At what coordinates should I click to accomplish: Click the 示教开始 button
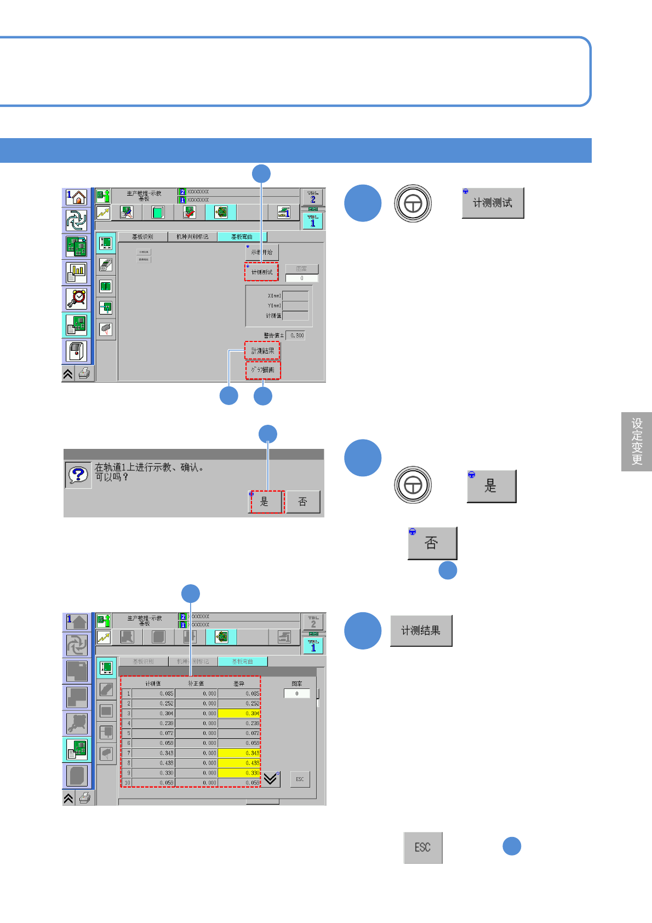(x=262, y=252)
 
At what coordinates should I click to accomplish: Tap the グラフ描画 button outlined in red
(x=263, y=370)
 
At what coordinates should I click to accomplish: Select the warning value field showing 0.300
(x=296, y=335)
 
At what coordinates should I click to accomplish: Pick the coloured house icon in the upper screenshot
(x=77, y=197)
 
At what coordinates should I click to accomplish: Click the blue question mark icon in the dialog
(x=78, y=475)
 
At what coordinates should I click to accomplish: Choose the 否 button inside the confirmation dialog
(x=303, y=502)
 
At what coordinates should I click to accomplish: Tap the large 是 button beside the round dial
(x=491, y=486)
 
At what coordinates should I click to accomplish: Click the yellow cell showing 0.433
(x=239, y=763)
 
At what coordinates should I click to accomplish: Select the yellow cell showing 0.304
(x=239, y=714)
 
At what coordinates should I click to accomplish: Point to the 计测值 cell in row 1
(x=153, y=693)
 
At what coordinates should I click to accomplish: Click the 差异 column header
(x=239, y=683)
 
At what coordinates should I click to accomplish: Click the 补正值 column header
(x=196, y=683)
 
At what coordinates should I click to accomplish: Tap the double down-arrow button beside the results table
(x=271, y=779)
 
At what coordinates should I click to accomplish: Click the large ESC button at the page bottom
(x=422, y=847)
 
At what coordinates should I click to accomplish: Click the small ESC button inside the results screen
(x=300, y=779)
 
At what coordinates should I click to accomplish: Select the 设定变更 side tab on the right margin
(x=637, y=442)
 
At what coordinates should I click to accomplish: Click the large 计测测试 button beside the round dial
(x=493, y=203)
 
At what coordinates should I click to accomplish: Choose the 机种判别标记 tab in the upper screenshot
(x=192, y=237)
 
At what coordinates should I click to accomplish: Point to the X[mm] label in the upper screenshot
(x=274, y=295)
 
